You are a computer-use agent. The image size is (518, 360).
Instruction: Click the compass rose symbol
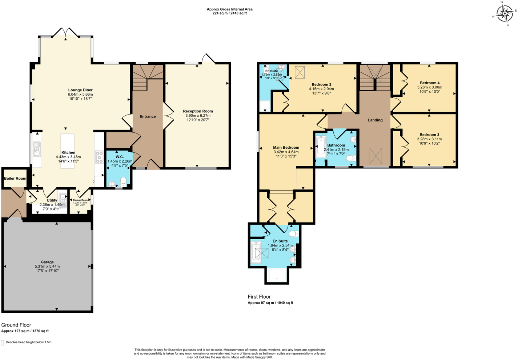(x=505, y=14)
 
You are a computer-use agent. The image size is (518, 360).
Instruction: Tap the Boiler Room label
(x=15, y=179)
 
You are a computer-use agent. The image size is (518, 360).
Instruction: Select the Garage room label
(x=47, y=262)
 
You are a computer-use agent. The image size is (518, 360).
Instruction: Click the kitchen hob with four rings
(x=99, y=157)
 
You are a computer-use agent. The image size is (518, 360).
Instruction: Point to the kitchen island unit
(x=68, y=151)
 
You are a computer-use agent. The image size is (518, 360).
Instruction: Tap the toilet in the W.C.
(x=123, y=181)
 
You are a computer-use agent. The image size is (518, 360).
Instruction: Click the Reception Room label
(x=198, y=111)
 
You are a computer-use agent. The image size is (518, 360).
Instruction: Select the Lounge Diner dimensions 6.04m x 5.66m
(x=80, y=95)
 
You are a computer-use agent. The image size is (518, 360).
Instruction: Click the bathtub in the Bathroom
(x=320, y=147)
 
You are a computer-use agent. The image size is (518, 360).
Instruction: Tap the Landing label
(x=375, y=120)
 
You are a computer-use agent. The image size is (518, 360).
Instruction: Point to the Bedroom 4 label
(x=430, y=83)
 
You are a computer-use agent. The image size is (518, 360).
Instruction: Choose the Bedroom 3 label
(x=429, y=135)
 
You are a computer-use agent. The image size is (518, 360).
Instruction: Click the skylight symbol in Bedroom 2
(x=300, y=72)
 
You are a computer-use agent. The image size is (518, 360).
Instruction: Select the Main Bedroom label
(x=286, y=148)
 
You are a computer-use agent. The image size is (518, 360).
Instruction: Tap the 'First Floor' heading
(x=259, y=297)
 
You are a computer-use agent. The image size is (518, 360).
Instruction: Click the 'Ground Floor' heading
(x=16, y=325)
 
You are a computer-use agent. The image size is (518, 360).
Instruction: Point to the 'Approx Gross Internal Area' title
(x=229, y=9)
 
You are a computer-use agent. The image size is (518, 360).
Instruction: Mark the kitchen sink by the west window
(x=37, y=149)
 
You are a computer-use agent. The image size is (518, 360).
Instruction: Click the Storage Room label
(x=80, y=200)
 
